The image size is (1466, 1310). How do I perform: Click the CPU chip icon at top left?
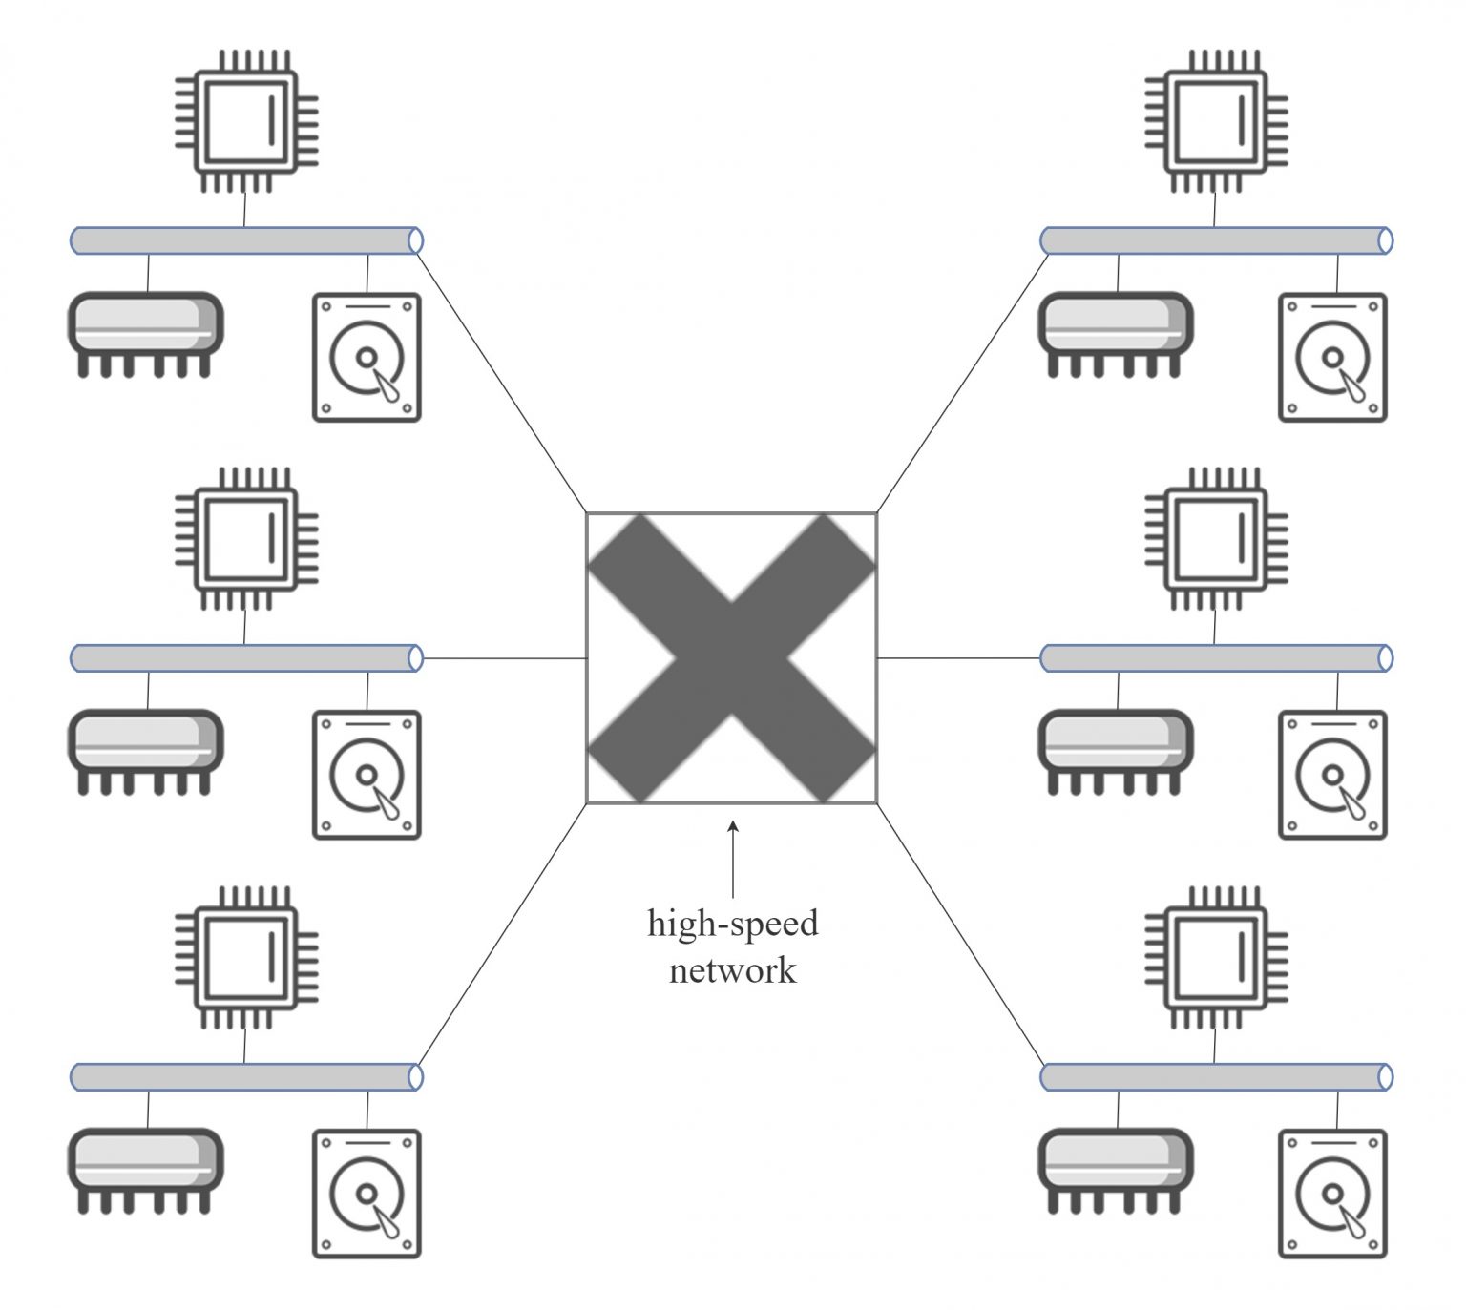click(246, 121)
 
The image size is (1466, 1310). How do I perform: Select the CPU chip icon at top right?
click(1216, 121)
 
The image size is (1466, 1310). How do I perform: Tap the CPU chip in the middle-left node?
click(246, 539)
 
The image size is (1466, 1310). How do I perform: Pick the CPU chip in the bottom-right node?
click(1216, 958)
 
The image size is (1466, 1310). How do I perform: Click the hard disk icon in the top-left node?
click(366, 358)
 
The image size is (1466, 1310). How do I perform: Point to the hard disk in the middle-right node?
click(1332, 775)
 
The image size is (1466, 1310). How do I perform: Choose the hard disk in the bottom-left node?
click(366, 1194)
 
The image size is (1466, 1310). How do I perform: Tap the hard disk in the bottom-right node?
click(1332, 1194)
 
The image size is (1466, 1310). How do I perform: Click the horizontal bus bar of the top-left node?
click(246, 240)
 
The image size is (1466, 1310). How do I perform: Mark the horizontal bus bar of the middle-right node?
click(1216, 658)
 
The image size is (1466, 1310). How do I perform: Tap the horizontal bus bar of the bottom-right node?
click(1216, 1077)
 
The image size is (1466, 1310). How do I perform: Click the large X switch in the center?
click(731, 658)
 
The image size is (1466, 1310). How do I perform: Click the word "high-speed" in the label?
click(732, 924)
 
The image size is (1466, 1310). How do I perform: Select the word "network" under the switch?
click(732, 970)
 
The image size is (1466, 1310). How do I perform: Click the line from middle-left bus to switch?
click(504, 658)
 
